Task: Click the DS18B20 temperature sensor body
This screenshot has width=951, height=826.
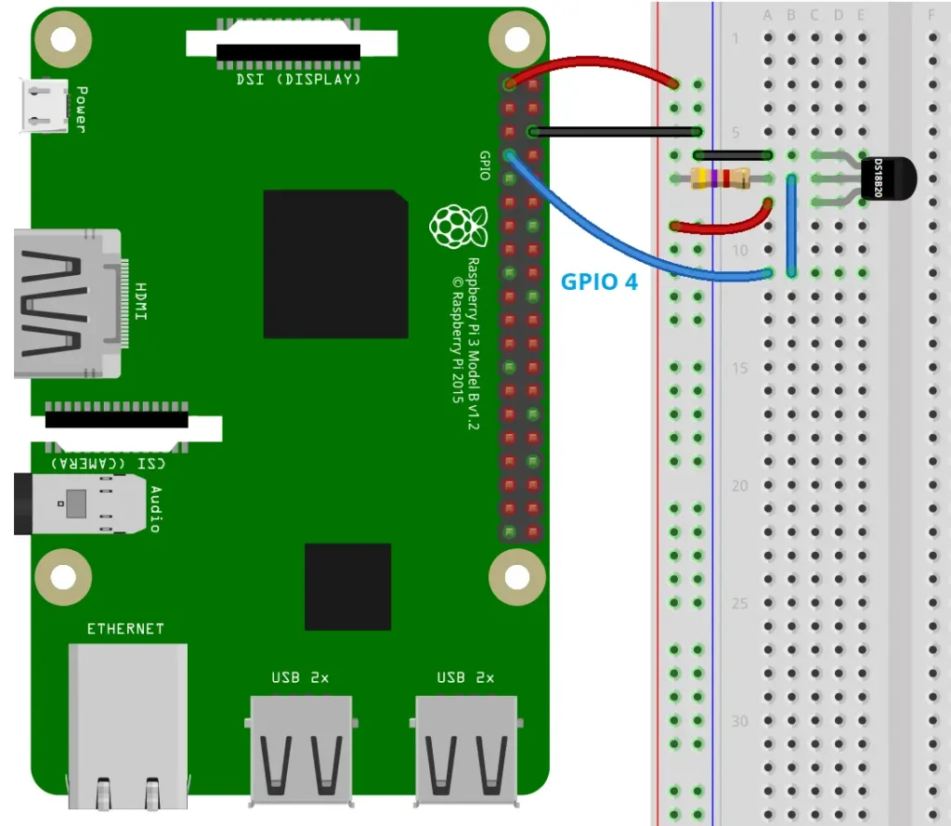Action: point(887,177)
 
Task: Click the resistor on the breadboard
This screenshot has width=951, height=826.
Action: point(722,178)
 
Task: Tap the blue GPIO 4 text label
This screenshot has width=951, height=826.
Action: point(600,282)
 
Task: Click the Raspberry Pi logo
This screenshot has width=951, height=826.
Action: point(458,227)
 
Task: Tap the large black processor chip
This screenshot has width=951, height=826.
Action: point(335,264)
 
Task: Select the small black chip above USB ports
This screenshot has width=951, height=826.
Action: point(347,586)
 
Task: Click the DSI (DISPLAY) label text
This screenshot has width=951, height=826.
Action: point(298,80)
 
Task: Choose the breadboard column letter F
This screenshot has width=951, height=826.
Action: point(931,15)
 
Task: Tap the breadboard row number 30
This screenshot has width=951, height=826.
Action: point(738,721)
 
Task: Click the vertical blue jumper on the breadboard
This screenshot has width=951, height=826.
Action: point(791,224)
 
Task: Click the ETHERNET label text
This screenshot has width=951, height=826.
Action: point(125,629)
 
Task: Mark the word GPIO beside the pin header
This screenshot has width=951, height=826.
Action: point(484,165)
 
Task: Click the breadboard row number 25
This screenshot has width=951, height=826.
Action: point(738,603)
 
